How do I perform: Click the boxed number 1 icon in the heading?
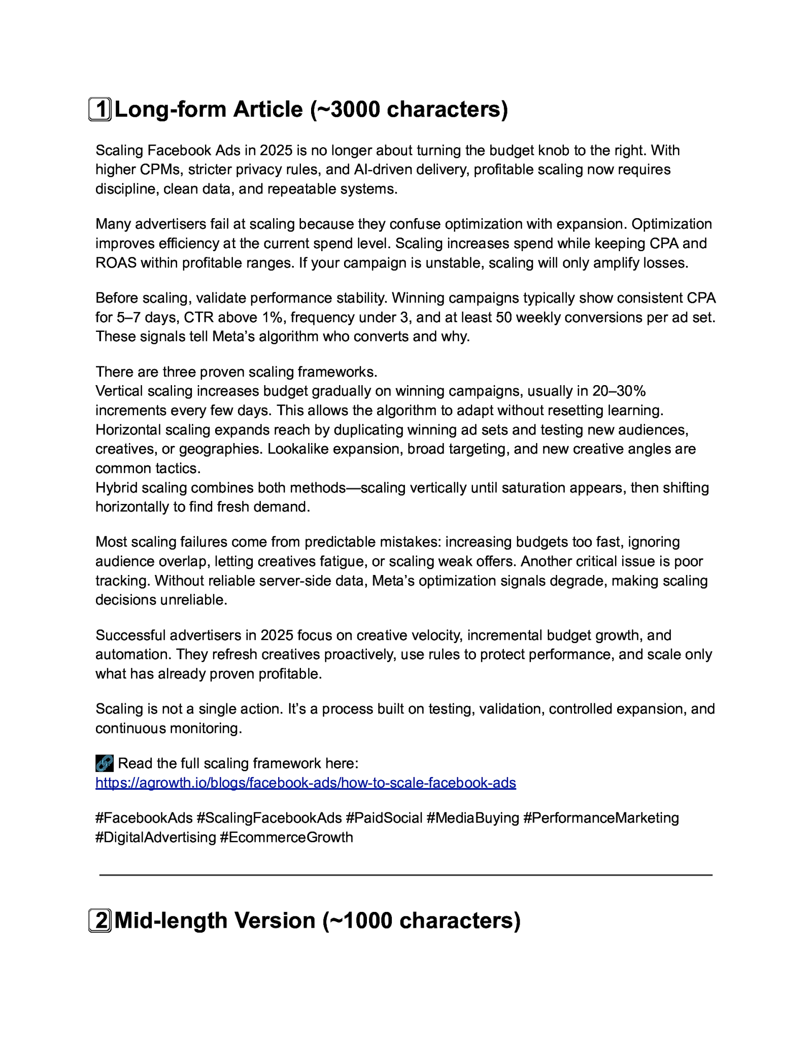[x=100, y=109]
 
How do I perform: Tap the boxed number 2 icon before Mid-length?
[x=100, y=921]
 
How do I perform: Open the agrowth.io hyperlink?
[x=306, y=783]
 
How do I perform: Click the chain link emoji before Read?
[x=105, y=763]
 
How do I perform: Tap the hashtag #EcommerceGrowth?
[x=286, y=837]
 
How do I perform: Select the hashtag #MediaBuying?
[x=472, y=818]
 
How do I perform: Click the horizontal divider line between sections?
[x=405, y=875]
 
